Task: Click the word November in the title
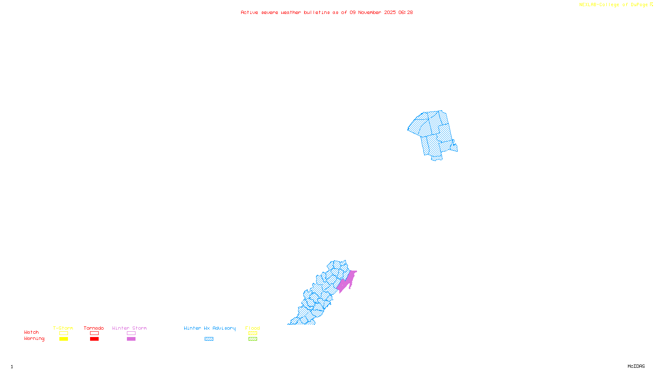coord(370,12)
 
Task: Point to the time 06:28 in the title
coord(405,12)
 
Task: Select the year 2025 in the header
coord(390,12)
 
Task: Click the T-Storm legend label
coord(63,328)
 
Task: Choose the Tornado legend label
coord(94,328)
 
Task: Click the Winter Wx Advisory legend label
coord(210,328)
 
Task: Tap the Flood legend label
coord(253,328)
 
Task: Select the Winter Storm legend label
coord(129,328)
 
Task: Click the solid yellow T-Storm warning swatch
coord(63,339)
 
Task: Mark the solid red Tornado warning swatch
coord(94,339)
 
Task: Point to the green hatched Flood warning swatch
coord(253,339)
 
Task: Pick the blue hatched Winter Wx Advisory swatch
coord(209,339)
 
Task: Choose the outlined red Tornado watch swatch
coord(94,333)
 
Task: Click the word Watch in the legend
coord(32,332)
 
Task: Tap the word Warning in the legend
coord(34,339)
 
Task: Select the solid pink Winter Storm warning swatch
coord(131,339)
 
